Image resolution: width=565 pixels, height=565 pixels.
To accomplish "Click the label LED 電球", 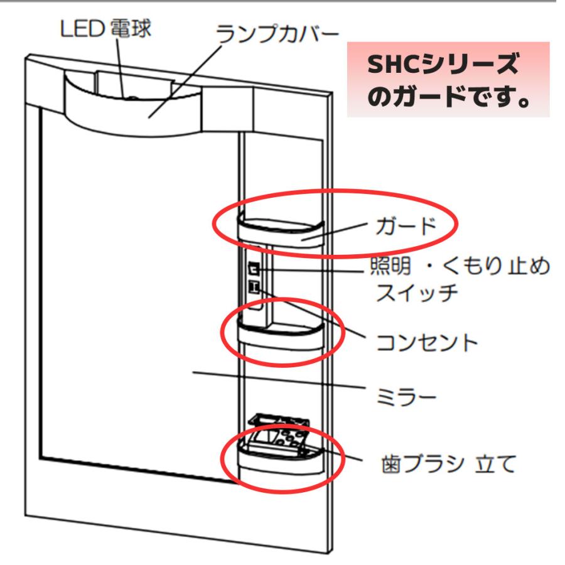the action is pos(105,28).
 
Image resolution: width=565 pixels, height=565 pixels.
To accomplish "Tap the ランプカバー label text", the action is pos(277,35).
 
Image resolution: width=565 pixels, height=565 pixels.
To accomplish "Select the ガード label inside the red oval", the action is pos(406,226).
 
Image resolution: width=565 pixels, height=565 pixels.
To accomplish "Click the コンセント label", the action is pos(427,342).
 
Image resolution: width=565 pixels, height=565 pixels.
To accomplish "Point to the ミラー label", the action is pos(406,397).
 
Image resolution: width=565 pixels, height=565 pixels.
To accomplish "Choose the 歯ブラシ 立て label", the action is pos(449,464).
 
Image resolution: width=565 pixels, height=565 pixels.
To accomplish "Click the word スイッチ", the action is pos(417,292).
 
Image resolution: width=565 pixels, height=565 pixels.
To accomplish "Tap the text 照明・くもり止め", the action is pos(460,266).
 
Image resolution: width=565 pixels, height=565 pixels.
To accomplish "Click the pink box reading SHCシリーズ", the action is pos(448,79).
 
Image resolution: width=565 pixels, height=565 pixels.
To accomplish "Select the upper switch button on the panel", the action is pos(254,269).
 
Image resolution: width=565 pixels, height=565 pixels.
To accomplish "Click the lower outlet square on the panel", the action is pos(254,287).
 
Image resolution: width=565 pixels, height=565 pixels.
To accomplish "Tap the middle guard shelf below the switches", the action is pos(281,335).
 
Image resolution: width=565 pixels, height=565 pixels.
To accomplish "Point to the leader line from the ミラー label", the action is pos(279,380).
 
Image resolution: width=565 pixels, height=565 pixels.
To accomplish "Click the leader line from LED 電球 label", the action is pos(121,68).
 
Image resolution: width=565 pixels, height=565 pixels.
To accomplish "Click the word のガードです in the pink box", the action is pos(448,97).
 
